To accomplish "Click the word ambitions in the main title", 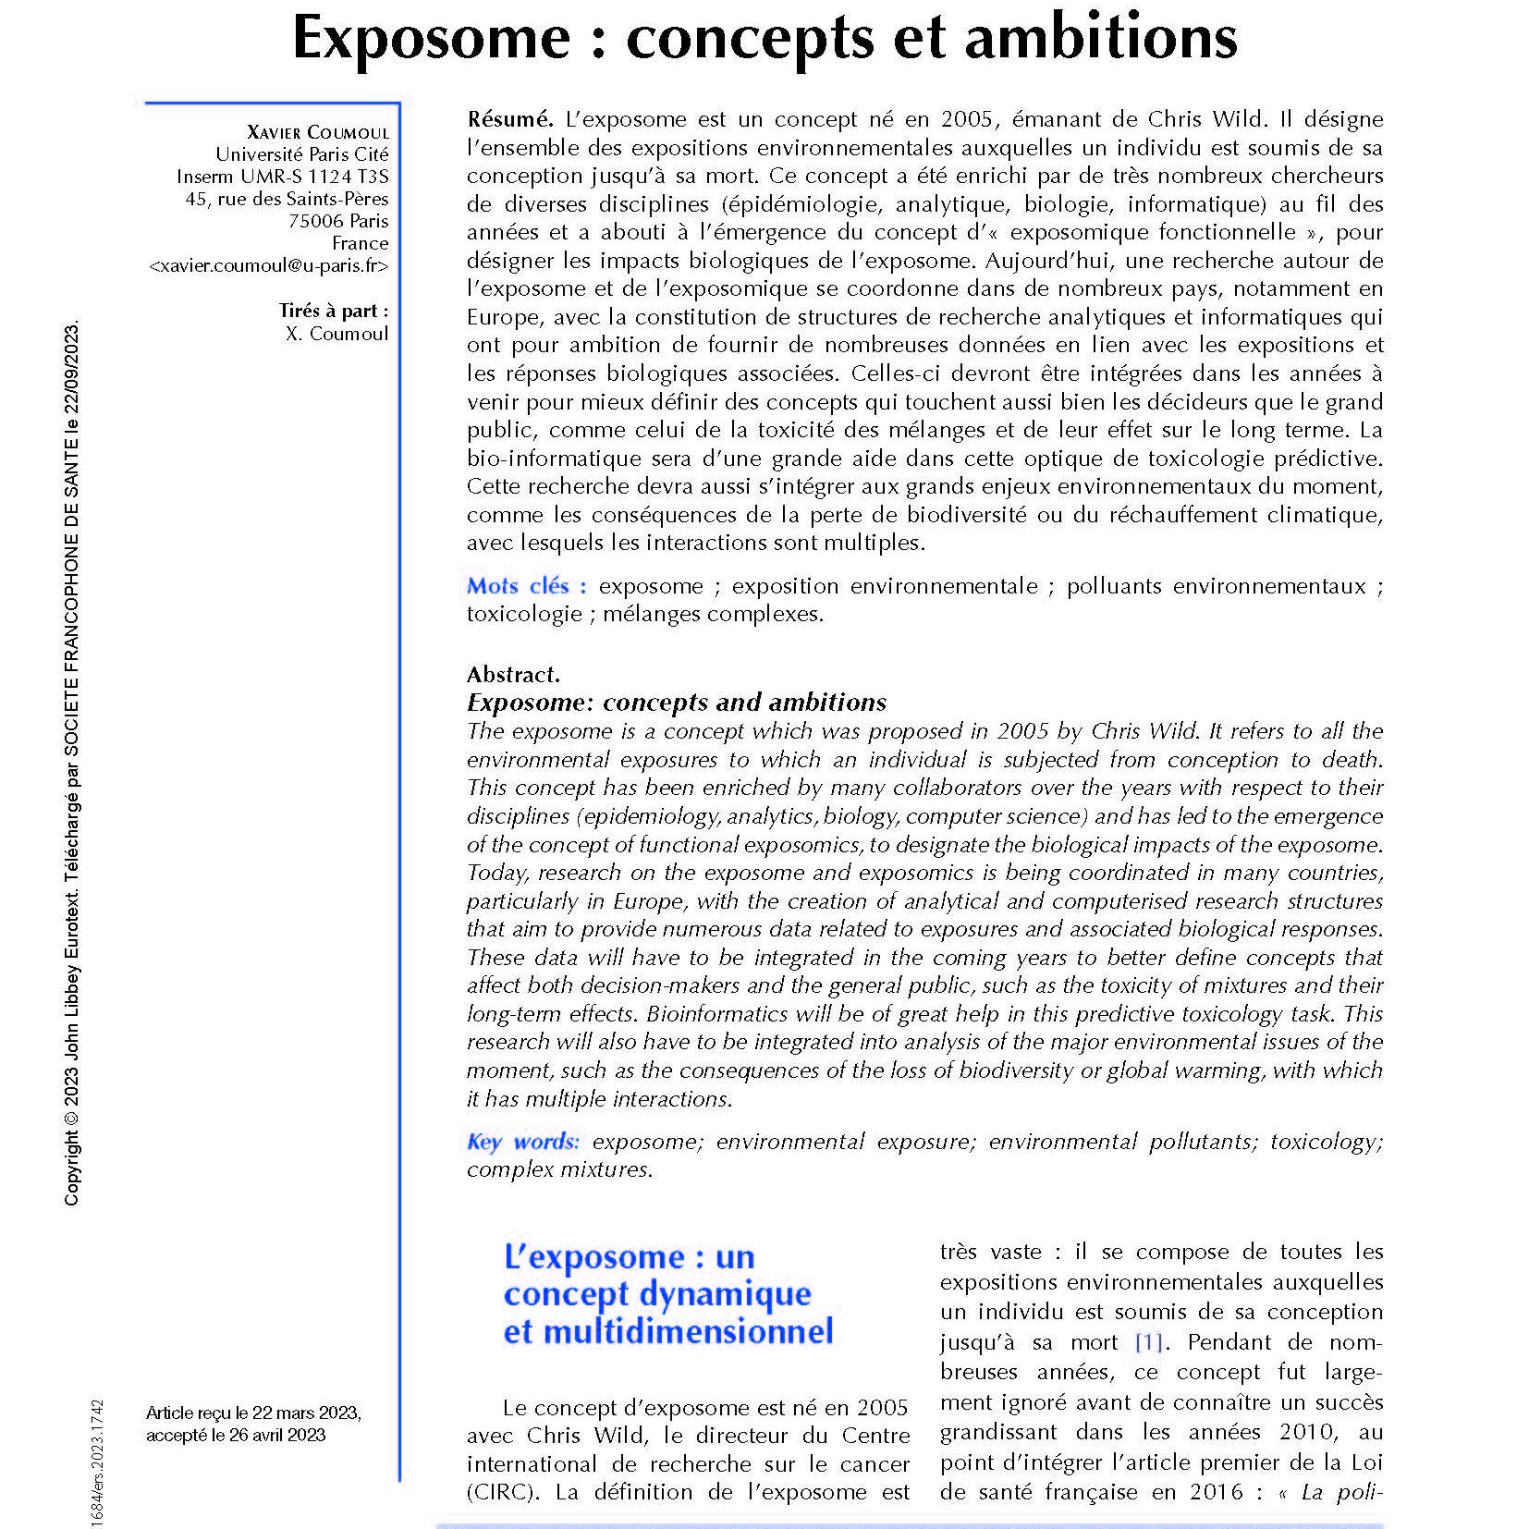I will coord(1119,39).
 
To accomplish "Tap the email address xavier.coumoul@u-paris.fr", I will coord(268,266).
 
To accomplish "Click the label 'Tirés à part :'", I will coord(333,312).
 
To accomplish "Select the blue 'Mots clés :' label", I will coord(526,586).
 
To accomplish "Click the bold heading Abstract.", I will coord(513,674).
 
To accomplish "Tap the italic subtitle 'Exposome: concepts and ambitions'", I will coord(676,703).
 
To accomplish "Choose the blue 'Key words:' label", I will coord(523,1142).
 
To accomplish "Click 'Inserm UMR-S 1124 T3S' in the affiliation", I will coord(283,177).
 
